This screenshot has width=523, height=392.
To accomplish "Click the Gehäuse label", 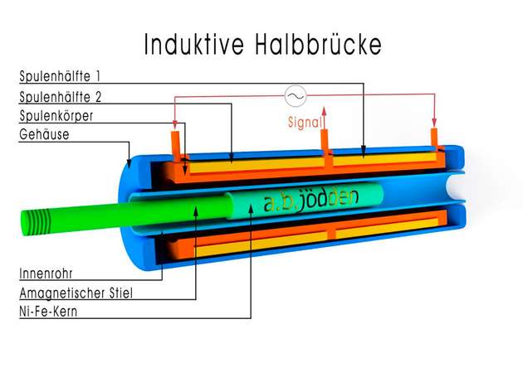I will [45, 134].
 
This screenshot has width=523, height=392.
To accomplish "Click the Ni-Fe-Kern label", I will [54, 312].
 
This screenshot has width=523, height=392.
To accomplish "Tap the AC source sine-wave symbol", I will [296, 98].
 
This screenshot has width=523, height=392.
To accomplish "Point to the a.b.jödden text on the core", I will [307, 202].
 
